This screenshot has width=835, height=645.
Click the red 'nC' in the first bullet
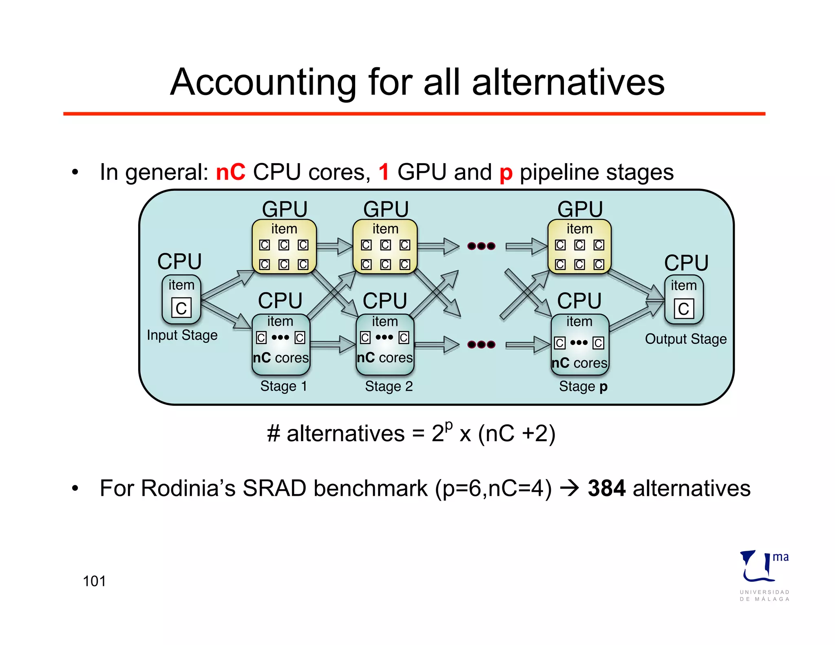tap(230, 172)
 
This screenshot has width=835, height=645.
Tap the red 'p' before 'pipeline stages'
tap(506, 173)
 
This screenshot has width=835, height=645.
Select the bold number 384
tap(606, 488)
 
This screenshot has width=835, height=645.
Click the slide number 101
tap(94, 581)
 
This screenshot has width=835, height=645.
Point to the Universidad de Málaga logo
tap(764, 575)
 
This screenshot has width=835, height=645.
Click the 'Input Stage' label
tap(182, 335)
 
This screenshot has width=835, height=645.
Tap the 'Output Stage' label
tap(686, 339)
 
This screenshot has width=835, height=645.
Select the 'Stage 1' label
tap(283, 386)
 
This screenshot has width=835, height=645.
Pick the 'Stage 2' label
tap(389, 386)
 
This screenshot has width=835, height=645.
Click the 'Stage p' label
tap(583, 386)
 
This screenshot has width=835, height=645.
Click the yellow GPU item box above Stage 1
tap(284, 247)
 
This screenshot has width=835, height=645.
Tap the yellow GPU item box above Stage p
tap(579, 247)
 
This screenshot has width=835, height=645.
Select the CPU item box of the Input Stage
tap(181, 299)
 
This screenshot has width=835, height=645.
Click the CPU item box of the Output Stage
tap(684, 300)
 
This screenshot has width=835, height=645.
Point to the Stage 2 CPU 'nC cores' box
tap(385, 345)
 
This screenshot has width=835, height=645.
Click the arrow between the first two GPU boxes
tap(335, 246)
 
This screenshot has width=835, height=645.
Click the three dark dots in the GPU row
tap(481, 246)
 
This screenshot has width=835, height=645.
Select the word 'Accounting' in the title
tap(263, 82)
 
